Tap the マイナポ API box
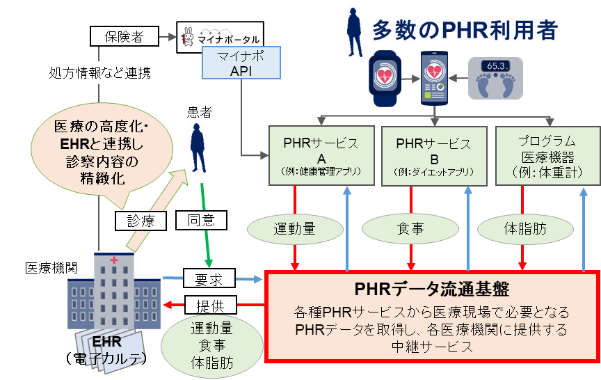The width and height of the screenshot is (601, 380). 240,63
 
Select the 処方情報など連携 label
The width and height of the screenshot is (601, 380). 99,72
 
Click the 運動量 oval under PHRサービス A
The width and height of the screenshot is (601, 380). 296,228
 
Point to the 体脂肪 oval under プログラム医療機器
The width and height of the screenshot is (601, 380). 520,228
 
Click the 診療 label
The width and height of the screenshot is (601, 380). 141,221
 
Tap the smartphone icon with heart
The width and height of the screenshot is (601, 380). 437,78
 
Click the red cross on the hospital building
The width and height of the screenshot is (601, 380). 114,260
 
